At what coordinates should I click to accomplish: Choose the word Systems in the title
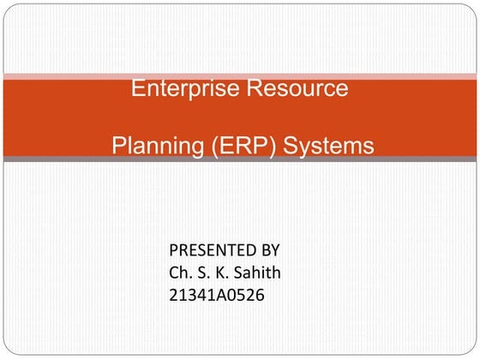[x=328, y=146]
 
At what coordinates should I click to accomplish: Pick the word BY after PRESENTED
[x=269, y=251]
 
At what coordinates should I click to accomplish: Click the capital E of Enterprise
[x=138, y=88]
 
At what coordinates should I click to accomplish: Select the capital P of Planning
[x=119, y=146]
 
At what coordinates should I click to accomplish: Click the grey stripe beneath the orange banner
[x=240, y=159]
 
